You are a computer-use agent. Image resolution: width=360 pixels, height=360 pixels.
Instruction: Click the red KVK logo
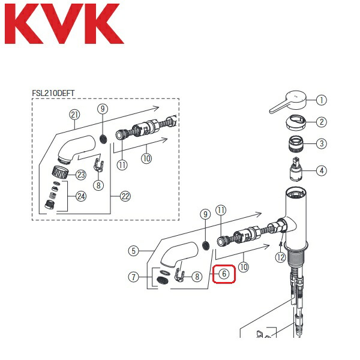pos(64,25)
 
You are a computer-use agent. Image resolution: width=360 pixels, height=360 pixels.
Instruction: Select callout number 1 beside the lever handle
pos(322,100)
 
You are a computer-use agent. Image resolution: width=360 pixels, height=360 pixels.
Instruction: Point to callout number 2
pos(322,122)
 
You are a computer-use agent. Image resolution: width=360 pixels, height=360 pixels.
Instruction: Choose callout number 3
pos(322,143)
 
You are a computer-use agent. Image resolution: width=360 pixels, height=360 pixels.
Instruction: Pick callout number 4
pos(322,170)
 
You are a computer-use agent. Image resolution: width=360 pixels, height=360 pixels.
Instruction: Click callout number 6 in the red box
pos(223,274)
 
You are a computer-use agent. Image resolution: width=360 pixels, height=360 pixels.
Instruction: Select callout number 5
pos(134,251)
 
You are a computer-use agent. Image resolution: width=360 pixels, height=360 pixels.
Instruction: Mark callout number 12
pos(280,257)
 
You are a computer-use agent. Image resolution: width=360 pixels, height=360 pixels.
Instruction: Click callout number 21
pos(74,115)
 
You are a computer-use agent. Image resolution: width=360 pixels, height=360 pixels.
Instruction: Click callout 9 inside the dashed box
pos(103,109)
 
